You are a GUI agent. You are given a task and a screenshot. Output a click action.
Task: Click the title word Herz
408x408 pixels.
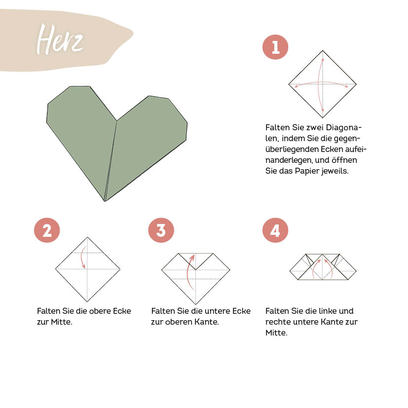click(60, 39)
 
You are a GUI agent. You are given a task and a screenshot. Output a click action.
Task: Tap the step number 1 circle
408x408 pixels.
click(275, 47)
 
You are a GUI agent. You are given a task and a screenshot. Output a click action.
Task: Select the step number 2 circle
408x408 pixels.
click(47, 230)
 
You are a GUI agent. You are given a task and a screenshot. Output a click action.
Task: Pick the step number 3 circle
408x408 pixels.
click(161, 230)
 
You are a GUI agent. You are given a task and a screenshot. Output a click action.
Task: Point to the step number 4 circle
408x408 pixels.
click(275, 230)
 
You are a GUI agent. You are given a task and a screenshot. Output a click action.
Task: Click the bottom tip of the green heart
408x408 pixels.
click(105, 201)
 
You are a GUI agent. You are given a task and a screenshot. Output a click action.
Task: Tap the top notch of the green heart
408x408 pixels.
click(117, 120)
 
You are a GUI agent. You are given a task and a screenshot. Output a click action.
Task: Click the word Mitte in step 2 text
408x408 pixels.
click(61, 322)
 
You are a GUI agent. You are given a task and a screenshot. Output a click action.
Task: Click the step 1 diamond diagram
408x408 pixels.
click(323, 84)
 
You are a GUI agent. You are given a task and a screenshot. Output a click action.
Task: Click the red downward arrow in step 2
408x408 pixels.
click(84, 256)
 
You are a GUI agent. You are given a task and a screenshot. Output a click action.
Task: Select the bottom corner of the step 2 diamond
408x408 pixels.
click(87, 301)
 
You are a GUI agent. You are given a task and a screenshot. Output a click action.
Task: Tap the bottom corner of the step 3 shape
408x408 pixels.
click(196, 304)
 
